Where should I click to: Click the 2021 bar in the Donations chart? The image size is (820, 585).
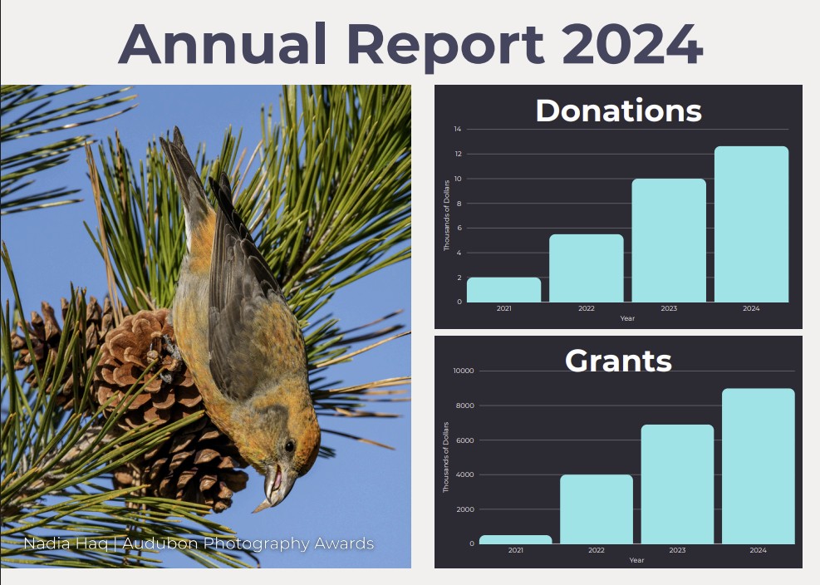coord(503,290)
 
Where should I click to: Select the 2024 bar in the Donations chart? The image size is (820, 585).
coord(751,224)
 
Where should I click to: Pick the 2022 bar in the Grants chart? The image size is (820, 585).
coord(597,509)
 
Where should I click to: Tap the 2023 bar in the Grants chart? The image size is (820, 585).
coord(677,484)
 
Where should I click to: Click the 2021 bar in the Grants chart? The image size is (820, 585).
coord(516,539)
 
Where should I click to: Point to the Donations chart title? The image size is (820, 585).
coord(618,111)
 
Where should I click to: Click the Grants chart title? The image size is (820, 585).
coord(618,361)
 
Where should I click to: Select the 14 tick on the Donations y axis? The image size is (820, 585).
coord(458,129)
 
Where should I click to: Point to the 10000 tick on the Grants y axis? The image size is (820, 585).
coord(464,371)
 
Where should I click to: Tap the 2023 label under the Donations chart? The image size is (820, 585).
coord(669,308)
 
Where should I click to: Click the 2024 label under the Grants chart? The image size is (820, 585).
coord(758,550)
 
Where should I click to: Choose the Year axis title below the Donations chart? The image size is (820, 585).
coord(627,318)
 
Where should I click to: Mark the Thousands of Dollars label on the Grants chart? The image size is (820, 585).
coord(446,457)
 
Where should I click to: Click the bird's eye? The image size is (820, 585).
coord(289,446)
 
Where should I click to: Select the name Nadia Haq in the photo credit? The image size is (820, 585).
coord(66,543)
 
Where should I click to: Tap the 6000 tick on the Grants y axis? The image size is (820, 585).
coord(465,440)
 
